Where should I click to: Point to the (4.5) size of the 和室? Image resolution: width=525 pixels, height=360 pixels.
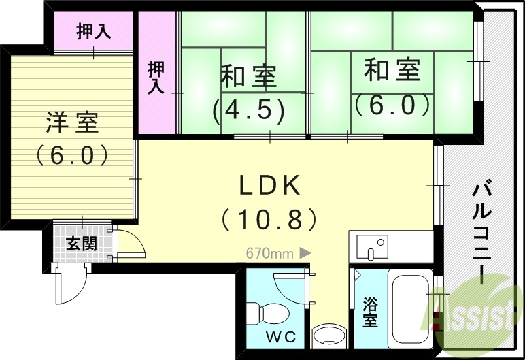248,110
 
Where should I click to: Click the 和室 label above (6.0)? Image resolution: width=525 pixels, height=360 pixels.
392,70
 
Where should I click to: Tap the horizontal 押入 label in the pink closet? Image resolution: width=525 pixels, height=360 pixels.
94,31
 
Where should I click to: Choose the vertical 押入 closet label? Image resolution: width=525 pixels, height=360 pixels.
156,77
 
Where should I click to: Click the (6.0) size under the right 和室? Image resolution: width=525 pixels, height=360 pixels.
392,104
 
